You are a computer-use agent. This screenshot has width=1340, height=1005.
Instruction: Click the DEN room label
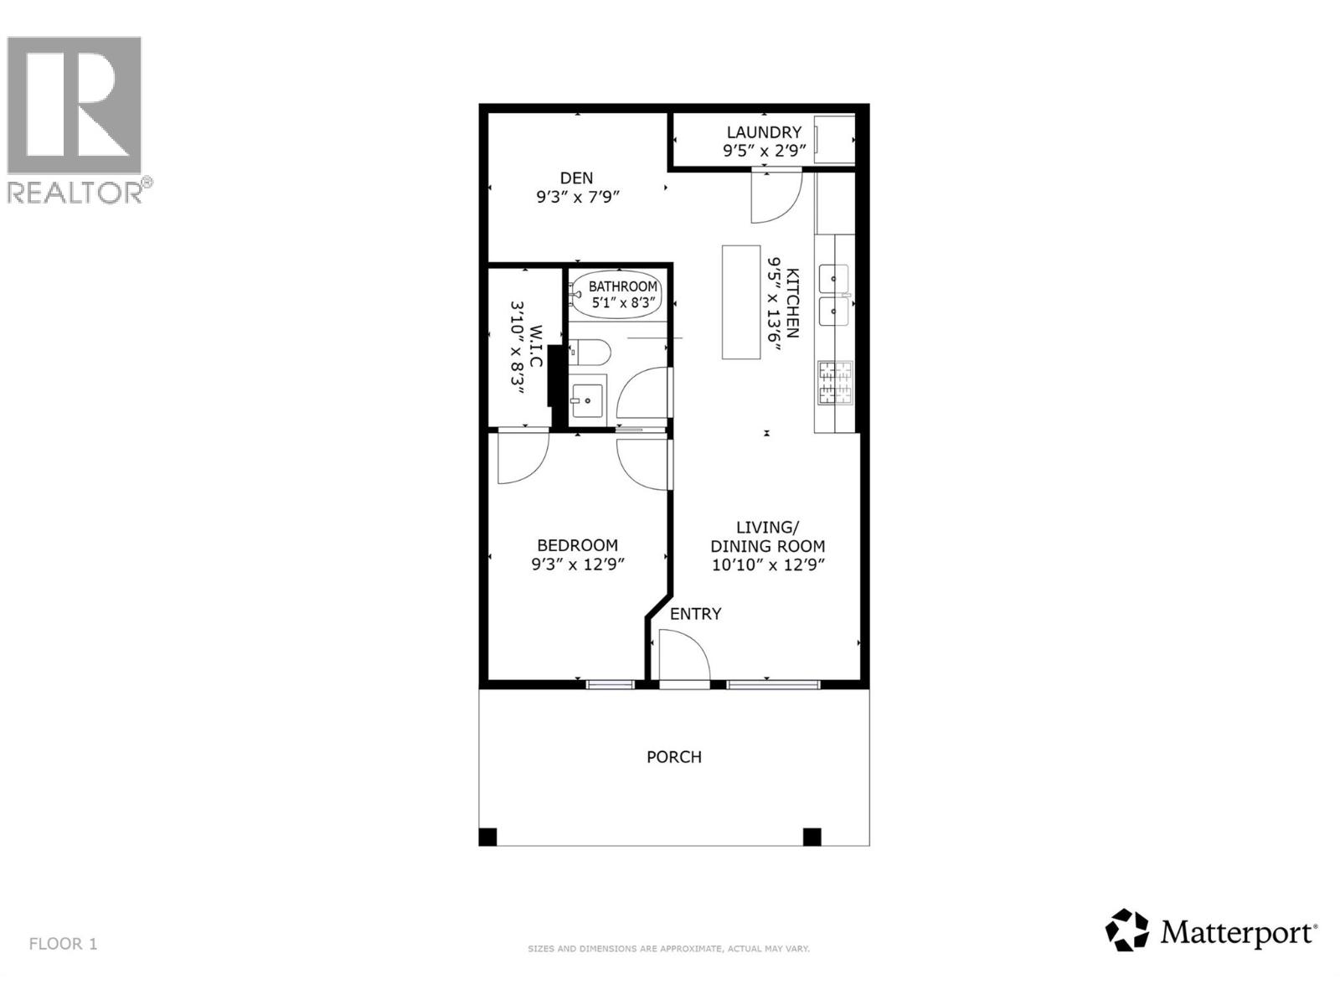pyautogui.click(x=576, y=178)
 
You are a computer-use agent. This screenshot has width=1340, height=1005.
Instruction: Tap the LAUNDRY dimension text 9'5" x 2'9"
pyautogui.click(x=764, y=151)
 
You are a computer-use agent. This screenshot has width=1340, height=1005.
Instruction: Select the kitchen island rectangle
pyautogui.click(x=741, y=301)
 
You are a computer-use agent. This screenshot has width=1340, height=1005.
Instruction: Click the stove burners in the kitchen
pyautogui.click(x=834, y=384)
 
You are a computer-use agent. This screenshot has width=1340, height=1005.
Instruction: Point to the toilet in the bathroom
pyautogui.click(x=588, y=352)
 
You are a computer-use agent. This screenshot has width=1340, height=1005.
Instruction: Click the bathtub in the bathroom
pyautogui.click(x=618, y=294)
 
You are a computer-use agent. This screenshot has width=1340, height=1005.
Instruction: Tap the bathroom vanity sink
pyautogui.click(x=588, y=401)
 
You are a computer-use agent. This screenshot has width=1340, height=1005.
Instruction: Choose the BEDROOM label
pyautogui.click(x=577, y=545)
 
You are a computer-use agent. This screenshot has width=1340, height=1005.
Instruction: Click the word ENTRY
pyautogui.click(x=695, y=614)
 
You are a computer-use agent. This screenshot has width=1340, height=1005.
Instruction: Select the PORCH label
pyautogui.click(x=674, y=757)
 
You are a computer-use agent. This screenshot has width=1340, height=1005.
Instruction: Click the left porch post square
pyautogui.click(x=488, y=837)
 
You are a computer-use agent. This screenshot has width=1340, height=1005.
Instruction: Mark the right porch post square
pyautogui.click(x=812, y=837)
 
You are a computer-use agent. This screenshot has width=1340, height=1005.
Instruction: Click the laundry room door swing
pyautogui.click(x=776, y=198)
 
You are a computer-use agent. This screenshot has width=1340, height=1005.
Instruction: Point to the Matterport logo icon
pyautogui.click(x=1126, y=930)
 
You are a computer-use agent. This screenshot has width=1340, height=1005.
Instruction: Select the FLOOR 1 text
pyautogui.click(x=64, y=944)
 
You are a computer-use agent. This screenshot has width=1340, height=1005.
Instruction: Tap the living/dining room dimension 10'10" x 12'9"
pyautogui.click(x=768, y=564)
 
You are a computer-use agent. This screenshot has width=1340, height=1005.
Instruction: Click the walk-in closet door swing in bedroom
pyautogui.click(x=521, y=459)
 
